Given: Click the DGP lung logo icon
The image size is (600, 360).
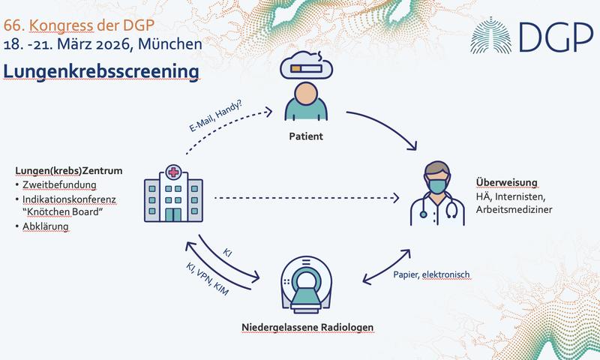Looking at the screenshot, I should (x=493, y=38).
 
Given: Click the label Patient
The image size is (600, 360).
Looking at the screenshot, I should (x=305, y=138).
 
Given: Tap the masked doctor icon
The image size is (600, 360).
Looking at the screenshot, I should (x=436, y=193).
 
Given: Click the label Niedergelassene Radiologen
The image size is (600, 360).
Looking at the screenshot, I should (x=307, y=328).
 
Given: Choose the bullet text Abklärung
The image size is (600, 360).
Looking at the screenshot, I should (x=49, y=226).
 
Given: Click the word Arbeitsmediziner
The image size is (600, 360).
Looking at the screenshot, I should (x=514, y=210).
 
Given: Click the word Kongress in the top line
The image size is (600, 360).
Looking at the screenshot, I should (x=61, y=25).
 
